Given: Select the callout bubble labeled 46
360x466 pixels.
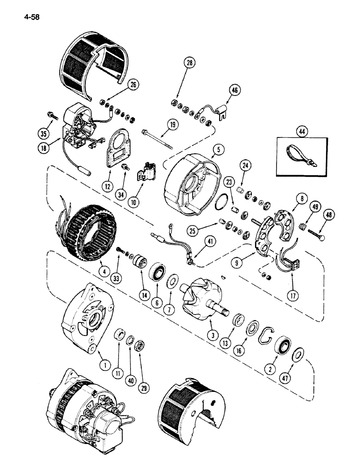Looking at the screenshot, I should tap(233, 90).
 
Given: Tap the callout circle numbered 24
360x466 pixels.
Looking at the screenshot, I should tap(246, 165).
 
